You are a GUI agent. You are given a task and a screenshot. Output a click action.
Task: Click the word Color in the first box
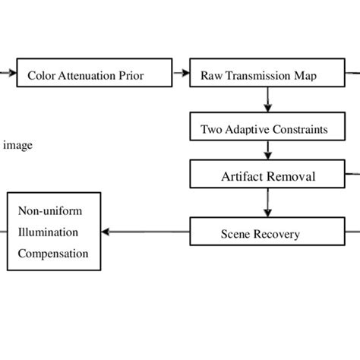click(39, 75)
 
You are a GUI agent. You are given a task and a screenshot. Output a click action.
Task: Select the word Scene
click(236, 233)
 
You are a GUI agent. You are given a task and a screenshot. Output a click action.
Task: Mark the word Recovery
click(278, 233)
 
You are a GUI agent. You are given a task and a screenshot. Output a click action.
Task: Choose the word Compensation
click(53, 253)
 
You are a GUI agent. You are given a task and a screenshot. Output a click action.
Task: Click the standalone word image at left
click(18, 145)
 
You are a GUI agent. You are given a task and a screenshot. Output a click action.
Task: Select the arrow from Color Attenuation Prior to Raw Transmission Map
click(181, 74)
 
